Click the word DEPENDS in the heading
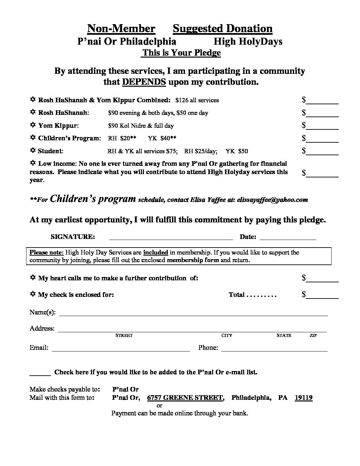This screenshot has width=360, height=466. pyautogui.click(x=144, y=82)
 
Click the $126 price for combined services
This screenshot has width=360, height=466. pyautogui.click(x=182, y=100)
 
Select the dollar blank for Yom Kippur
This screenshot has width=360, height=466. pyautogui.click(x=323, y=126)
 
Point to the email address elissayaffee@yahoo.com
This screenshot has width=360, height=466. pyautogui.click(x=272, y=200)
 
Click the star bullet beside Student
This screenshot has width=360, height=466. pyautogui.click(x=33, y=151)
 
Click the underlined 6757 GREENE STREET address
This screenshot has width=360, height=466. pyautogui.click(x=185, y=397)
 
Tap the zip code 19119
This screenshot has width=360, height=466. pyautogui.click(x=303, y=397)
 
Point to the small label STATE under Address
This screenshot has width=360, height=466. pyautogui.click(x=284, y=336)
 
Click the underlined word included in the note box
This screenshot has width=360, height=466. pyautogui.click(x=156, y=252)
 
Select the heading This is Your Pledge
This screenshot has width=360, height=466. pyautogui.click(x=181, y=53)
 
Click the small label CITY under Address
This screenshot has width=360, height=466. pyautogui.click(x=227, y=336)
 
